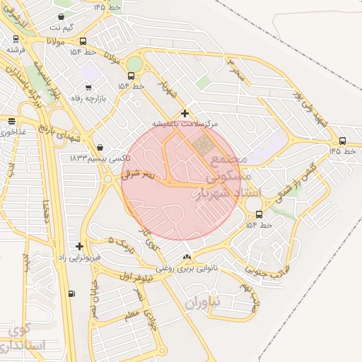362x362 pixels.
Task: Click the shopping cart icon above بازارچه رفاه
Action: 88,87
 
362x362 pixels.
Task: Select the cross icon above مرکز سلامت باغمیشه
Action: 185,113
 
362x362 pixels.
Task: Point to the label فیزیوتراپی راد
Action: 78,257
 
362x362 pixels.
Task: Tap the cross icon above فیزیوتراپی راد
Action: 79,246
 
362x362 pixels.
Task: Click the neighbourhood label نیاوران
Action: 204,303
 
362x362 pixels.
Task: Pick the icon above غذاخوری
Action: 11,120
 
